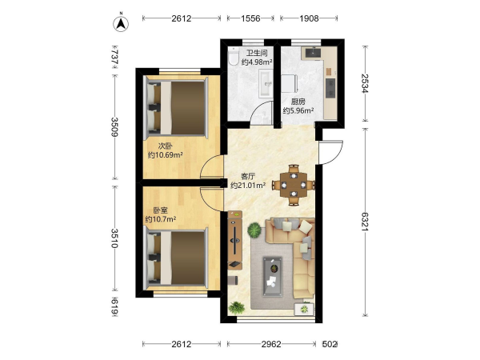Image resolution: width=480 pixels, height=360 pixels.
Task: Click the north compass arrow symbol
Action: click(x=122, y=23)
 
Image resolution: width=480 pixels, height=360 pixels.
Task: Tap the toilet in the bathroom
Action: click(x=233, y=56)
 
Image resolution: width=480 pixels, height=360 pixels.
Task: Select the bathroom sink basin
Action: click(x=265, y=83)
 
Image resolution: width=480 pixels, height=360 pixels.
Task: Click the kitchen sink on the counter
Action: click(x=312, y=52)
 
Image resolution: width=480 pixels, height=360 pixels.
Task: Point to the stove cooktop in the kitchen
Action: click(x=330, y=88)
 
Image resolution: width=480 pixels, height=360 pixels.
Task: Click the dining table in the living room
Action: click(x=294, y=185)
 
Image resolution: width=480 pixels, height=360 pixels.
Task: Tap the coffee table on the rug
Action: click(x=273, y=277)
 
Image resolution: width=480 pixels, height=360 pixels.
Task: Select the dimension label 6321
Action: click(x=365, y=222)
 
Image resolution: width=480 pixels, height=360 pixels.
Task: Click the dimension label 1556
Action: click(x=250, y=18)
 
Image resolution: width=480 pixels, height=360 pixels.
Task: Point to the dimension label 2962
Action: click(x=271, y=344)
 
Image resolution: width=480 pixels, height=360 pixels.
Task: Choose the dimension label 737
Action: click(x=114, y=57)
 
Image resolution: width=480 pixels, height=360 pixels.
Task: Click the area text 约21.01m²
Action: click(x=248, y=186)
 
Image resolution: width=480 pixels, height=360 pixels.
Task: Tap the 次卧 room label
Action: click(x=166, y=146)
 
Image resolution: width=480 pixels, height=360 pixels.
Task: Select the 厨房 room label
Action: click(x=298, y=102)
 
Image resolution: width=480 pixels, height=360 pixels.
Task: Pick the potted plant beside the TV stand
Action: click(x=254, y=230)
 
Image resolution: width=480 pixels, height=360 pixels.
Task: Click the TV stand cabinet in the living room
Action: click(x=235, y=240)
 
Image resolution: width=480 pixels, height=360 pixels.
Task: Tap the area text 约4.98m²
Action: click(x=257, y=62)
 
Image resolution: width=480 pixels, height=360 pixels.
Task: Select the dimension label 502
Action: click(x=330, y=344)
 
